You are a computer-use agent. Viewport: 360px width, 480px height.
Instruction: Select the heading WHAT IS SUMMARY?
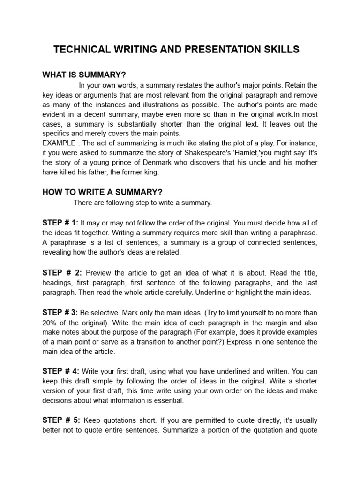click(x=84, y=75)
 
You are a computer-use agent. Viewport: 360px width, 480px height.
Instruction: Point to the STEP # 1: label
click(x=60, y=223)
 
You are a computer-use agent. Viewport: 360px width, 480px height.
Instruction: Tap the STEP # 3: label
click(x=60, y=312)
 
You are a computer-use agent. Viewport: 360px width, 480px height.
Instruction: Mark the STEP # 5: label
click(x=61, y=421)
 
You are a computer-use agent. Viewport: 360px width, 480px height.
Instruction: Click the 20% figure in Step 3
click(x=50, y=323)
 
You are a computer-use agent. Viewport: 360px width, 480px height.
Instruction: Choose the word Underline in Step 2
click(x=220, y=292)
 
